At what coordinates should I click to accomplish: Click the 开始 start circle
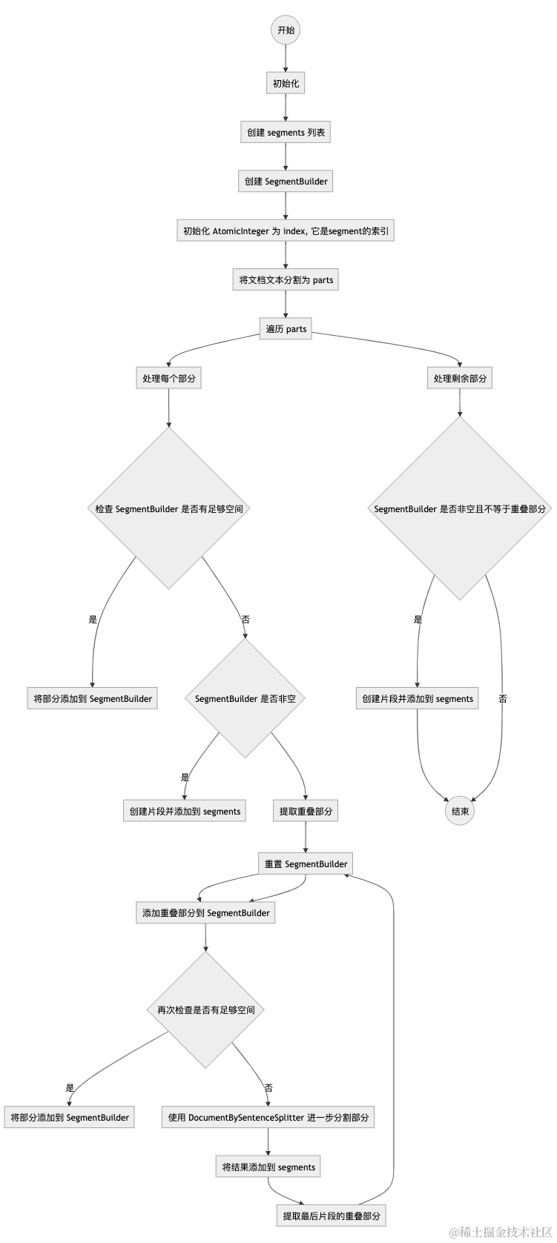click(286, 30)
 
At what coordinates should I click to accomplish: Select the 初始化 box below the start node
click(286, 83)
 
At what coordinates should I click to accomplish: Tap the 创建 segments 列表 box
click(286, 133)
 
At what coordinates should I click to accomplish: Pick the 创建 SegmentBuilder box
click(286, 182)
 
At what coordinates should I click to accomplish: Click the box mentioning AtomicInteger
click(286, 231)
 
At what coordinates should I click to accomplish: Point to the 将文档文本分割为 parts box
click(286, 280)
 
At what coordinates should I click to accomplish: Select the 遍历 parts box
click(286, 329)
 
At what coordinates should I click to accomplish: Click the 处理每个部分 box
click(169, 378)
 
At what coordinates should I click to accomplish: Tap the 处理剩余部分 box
click(460, 378)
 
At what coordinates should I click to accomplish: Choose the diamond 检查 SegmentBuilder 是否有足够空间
click(169, 509)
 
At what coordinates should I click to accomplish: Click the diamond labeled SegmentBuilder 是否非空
click(245, 698)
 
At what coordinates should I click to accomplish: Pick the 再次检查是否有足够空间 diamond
click(205, 1010)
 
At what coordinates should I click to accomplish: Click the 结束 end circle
click(460, 811)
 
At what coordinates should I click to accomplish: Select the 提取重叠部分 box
click(306, 811)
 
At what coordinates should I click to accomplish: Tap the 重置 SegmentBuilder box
click(306, 864)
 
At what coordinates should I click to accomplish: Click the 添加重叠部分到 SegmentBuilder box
click(205, 912)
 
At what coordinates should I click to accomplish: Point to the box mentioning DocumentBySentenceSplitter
click(268, 1118)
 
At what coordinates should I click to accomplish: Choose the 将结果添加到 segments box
click(268, 1167)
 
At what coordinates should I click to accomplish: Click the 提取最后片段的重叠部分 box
click(332, 1216)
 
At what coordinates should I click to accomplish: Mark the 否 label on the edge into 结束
click(503, 698)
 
